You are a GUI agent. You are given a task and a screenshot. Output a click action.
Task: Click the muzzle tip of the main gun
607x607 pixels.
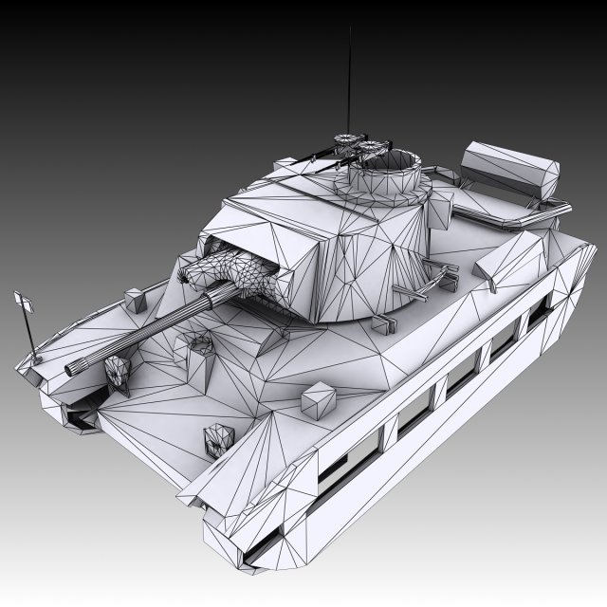[71, 368]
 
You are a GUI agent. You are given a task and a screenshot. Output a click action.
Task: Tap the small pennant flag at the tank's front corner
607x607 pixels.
[25, 303]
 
